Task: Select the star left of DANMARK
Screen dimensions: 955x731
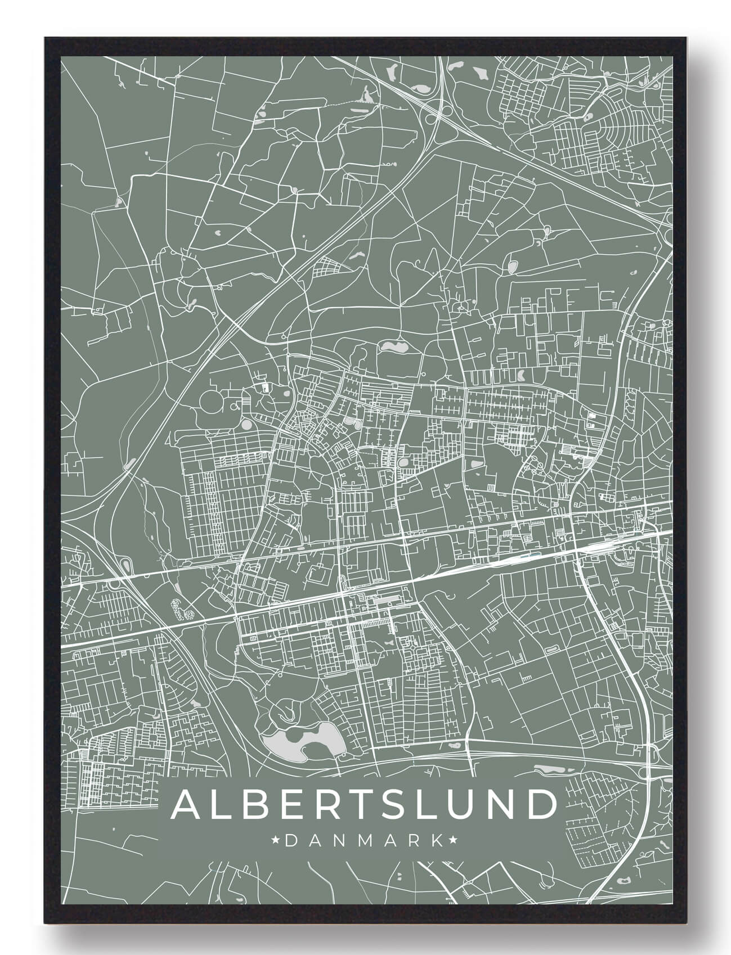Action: tap(276, 841)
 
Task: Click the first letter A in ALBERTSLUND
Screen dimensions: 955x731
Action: tap(188, 805)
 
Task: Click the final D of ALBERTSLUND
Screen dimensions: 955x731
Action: tap(540, 805)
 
